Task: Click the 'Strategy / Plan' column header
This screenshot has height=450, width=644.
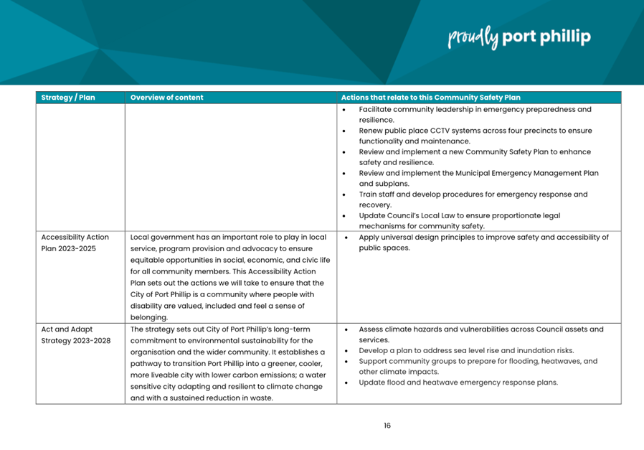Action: [x=68, y=98]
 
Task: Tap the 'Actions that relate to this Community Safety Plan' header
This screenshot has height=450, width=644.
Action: [x=431, y=98]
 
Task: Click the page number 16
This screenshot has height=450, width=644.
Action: [x=387, y=426]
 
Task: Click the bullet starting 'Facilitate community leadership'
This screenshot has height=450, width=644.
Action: [x=475, y=115]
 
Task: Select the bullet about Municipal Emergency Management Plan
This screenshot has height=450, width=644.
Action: [x=478, y=178]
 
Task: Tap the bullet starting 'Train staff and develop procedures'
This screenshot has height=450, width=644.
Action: [x=473, y=199]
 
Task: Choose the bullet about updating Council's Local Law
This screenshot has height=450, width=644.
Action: [x=459, y=220]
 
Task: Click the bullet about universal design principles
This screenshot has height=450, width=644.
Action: [x=483, y=243]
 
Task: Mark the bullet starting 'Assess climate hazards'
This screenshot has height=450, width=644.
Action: [x=480, y=334]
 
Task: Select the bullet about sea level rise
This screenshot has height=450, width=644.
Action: [x=465, y=350]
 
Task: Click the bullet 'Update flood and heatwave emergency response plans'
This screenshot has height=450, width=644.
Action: [x=458, y=383]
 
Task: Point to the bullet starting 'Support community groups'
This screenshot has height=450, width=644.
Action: [x=478, y=366]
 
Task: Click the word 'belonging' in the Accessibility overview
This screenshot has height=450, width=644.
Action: [x=148, y=317]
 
